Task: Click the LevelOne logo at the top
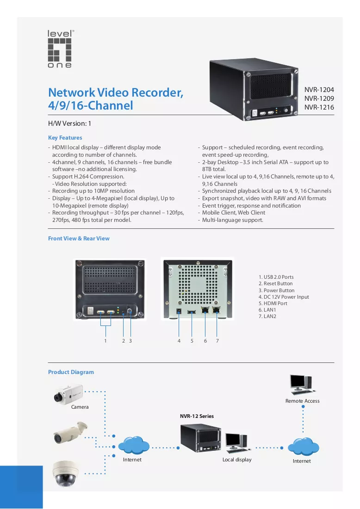pyautogui.click(x=60, y=49)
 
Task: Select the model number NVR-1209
pyautogui.click(x=319, y=98)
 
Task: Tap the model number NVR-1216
pyautogui.click(x=319, y=107)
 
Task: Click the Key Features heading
pyautogui.click(x=65, y=138)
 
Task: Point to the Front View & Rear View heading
pyautogui.click(x=79, y=238)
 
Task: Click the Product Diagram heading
pyautogui.click(x=71, y=372)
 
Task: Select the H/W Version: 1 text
pyautogui.click(x=69, y=123)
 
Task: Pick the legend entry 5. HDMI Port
pyautogui.click(x=273, y=303)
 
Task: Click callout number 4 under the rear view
pyautogui.click(x=179, y=341)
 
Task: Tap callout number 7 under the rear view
pyautogui.click(x=217, y=341)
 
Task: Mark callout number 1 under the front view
pyautogui.click(x=106, y=341)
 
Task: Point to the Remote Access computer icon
pyautogui.click(x=303, y=385)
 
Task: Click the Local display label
pyautogui.click(x=237, y=460)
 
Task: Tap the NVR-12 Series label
pyautogui.click(x=197, y=416)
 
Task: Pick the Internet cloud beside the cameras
pyautogui.click(x=134, y=445)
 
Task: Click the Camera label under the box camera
pyautogui.click(x=80, y=407)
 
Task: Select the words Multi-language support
pyautogui.click(x=233, y=220)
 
